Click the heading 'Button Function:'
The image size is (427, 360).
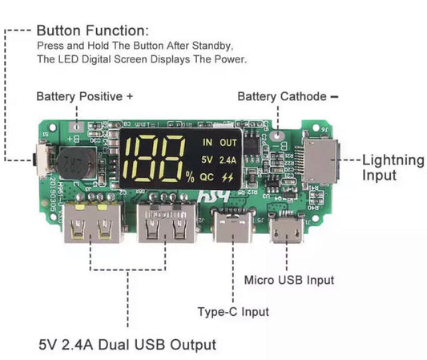coord(92,30)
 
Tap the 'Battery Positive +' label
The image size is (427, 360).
coord(84,96)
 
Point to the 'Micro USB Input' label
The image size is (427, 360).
coord(288,280)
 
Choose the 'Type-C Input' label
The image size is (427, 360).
coord(233,311)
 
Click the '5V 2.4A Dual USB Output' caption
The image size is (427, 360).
coord(127,345)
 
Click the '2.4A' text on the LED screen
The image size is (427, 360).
coord(229,159)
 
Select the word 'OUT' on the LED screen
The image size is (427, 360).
coord(229,143)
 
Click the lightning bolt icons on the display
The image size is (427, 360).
coord(230,176)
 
